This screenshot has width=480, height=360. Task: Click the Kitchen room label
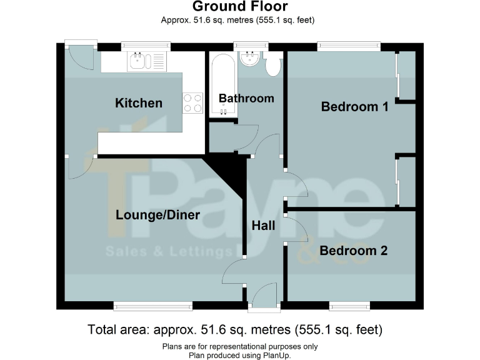click(139, 103)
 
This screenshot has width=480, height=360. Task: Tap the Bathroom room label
click(246, 98)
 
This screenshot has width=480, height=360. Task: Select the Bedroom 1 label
click(354, 107)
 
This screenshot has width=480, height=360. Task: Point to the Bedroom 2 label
click(353, 251)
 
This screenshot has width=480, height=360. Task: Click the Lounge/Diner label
click(157, 215)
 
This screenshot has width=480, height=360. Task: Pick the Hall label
click(263, 226)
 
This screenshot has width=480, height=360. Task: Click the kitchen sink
click(137, 61)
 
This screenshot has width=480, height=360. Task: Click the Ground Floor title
click(240, 7)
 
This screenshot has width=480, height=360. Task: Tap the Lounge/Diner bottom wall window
click(152, 306)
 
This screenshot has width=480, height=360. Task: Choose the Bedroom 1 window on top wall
click(349, 46)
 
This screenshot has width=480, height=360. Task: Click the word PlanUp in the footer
click(276, 355)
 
